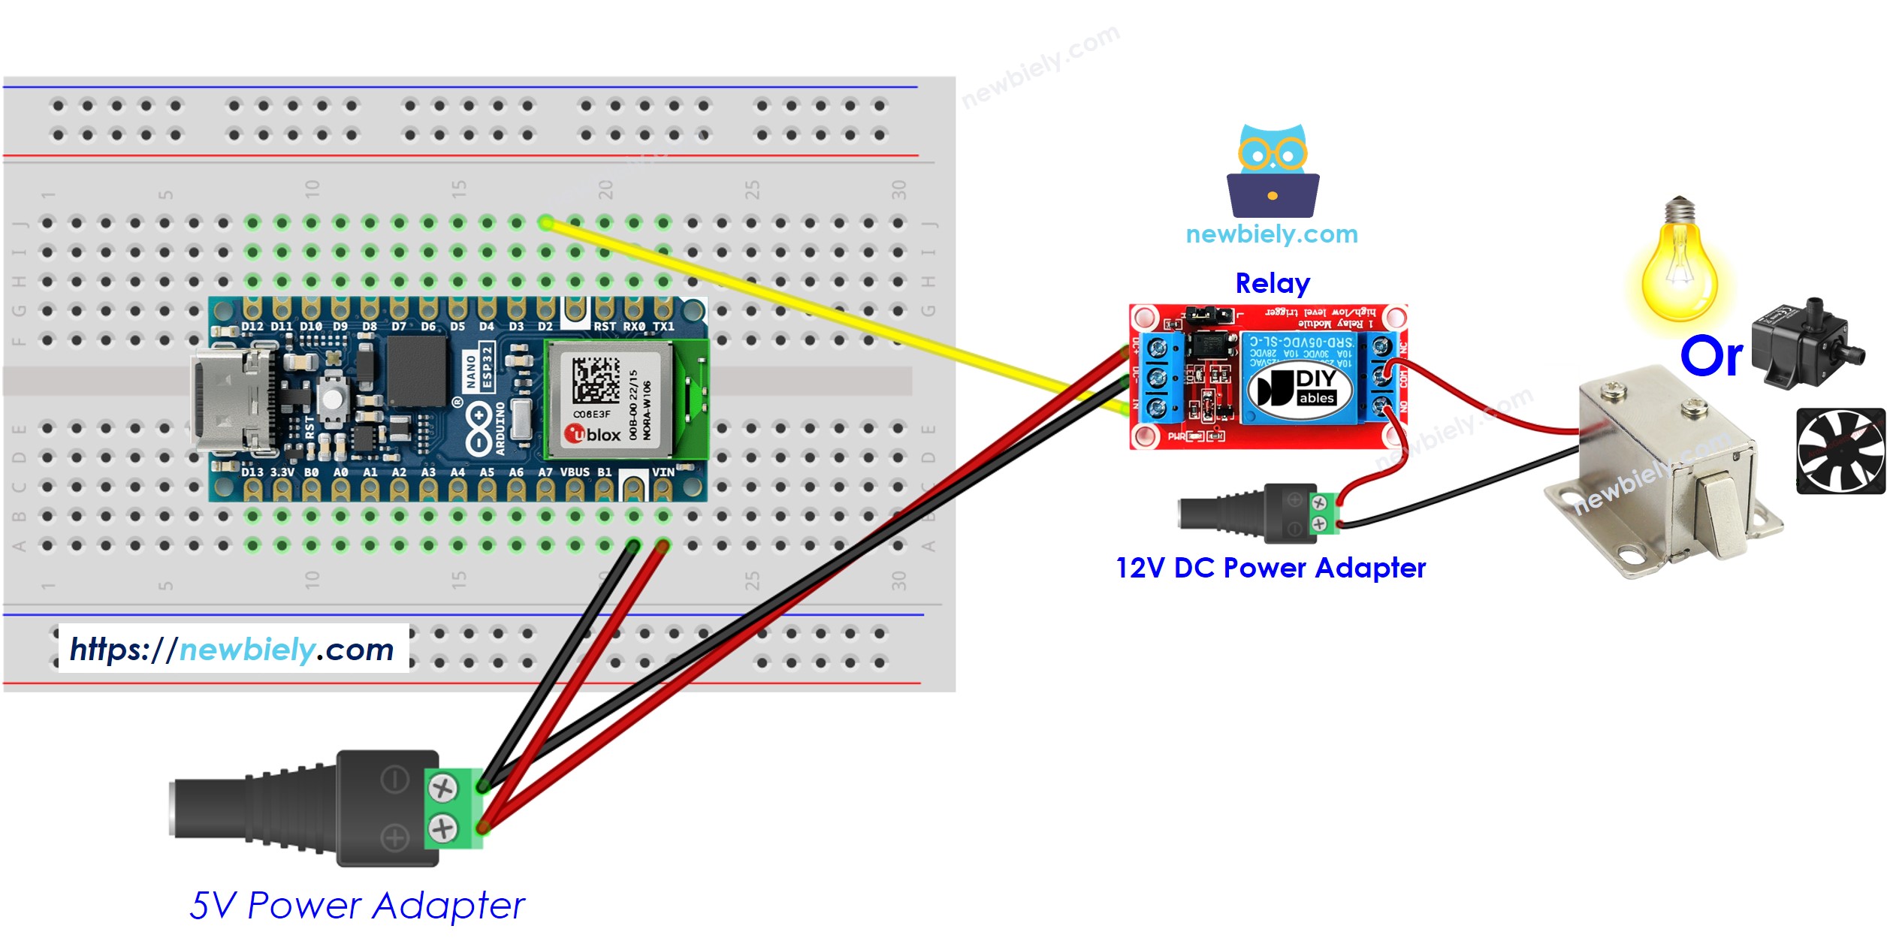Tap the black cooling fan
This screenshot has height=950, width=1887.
[x=1840, y=451]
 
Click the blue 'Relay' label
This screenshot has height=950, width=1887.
[x=1273, y=283]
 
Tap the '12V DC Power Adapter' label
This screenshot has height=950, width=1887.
[x=1270, y=568]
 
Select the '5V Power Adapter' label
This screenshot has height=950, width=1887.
[x=357, y=905]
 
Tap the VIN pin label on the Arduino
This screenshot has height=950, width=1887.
[x=663, y=472]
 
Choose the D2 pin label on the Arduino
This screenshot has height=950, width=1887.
[x=545, y=327]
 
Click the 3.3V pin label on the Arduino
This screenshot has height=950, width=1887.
[x=282, y=472]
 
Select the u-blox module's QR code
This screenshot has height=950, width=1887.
[x=596, y=380]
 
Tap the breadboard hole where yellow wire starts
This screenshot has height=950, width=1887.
[x=546, y=222]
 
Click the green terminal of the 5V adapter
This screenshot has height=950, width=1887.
[x=453, y=808]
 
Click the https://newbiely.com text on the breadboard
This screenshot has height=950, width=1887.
[x=232, y=650]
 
